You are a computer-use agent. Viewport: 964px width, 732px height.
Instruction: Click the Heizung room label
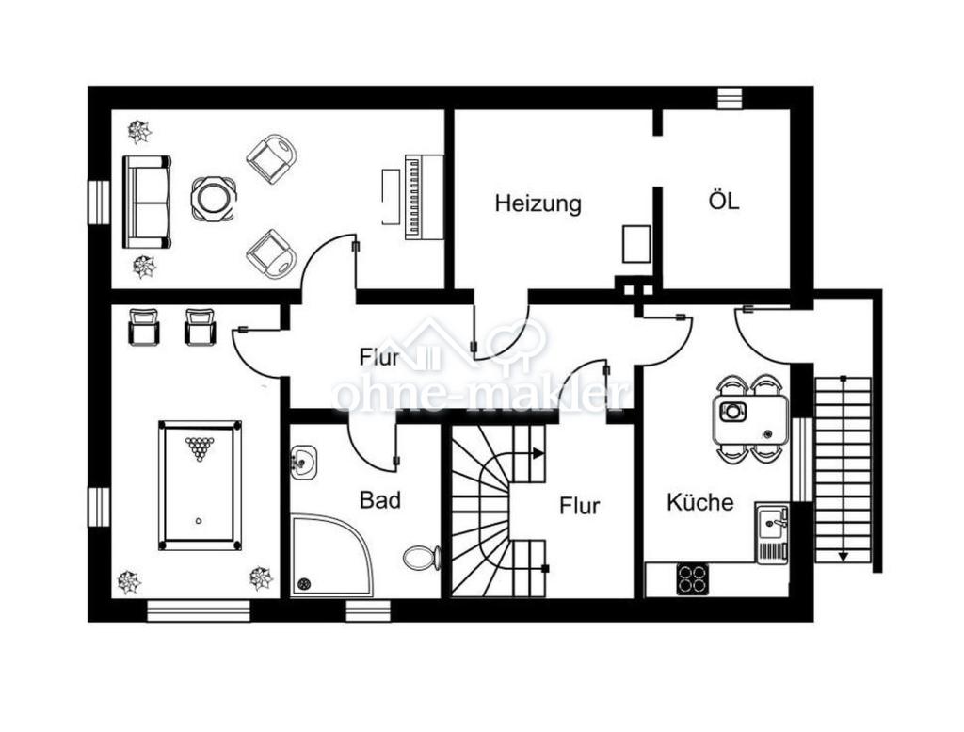pyautogui.click(x=538, y=203)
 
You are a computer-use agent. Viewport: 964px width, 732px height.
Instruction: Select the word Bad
pyautogui.click(x=380, y=499)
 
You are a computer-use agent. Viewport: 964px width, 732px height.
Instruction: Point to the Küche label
pyautogui.click(x=700, y=502)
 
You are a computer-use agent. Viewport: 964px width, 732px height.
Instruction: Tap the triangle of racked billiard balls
pyautogui.click(x=199, y=448)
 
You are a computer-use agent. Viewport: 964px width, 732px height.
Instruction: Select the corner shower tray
pyautogui.click(x=332, y=557)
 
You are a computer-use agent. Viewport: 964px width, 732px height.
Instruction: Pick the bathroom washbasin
pyautogui.click(x=303, y=462)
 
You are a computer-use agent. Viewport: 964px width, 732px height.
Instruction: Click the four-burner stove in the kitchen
pyautogui.click(x=693, y=578)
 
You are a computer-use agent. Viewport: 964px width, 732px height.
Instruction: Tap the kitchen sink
pyautogui.click(x=772, y=532)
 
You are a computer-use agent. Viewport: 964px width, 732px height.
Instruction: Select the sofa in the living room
pyautogui.click(x=146, y=202)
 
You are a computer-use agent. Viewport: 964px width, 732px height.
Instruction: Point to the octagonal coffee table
pyautogui.click(x=214, y=199)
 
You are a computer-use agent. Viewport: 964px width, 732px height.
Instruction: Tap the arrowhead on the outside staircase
pyautogui.click(x=843, y=556)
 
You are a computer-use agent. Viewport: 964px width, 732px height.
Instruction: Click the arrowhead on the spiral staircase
pyautogui.click(x=538, y=453)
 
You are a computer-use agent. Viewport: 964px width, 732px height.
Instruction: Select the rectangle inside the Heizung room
pyautogui.click(x=635, y=244)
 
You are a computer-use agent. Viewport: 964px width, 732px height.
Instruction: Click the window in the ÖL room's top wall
pyautogui.click(x=730, y=98)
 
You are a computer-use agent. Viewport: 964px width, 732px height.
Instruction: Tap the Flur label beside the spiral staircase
pyautogui.click(x=579, y=506)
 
